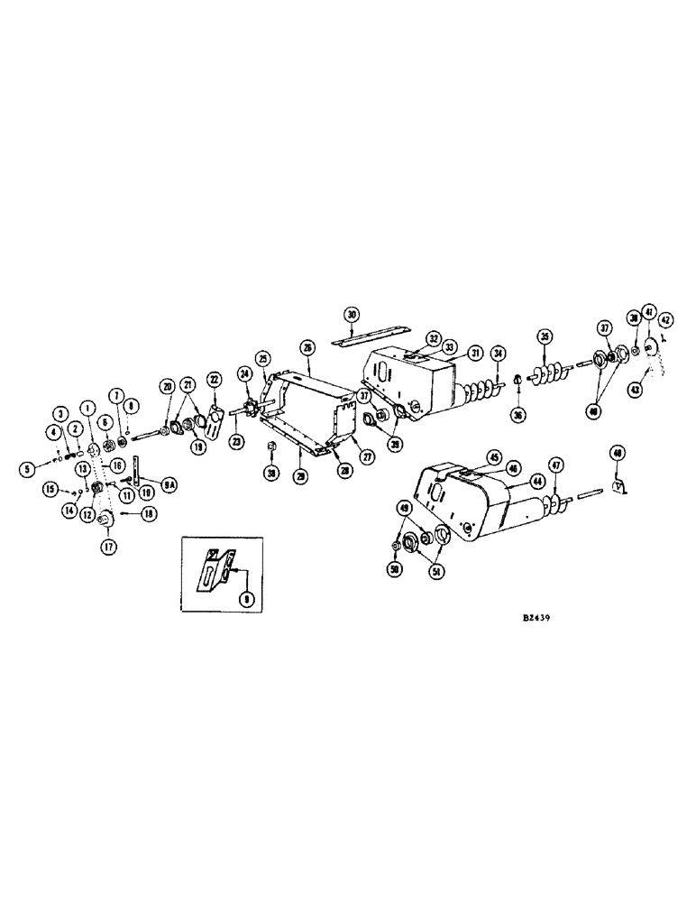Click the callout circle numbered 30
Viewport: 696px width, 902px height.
point(352,314)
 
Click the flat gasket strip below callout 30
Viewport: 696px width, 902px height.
point(352,341)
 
